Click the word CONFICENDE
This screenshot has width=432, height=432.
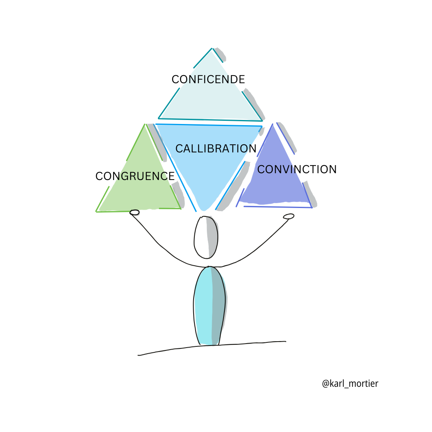[208, 80]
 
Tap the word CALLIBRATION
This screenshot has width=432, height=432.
[216, 149]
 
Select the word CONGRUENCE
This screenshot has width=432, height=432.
[135, 176]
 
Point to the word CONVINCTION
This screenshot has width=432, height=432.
[297, 170]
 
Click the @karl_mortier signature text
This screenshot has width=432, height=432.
[350, 384]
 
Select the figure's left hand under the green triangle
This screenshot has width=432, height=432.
[135, 212]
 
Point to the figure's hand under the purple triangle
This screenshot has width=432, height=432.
[288, 216]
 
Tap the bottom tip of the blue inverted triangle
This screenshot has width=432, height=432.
[204, 209]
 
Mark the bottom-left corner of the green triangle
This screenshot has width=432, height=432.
[97, 211]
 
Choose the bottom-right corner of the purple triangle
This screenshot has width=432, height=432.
[311, 207]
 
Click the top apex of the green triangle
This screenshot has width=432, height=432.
[144, 124]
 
